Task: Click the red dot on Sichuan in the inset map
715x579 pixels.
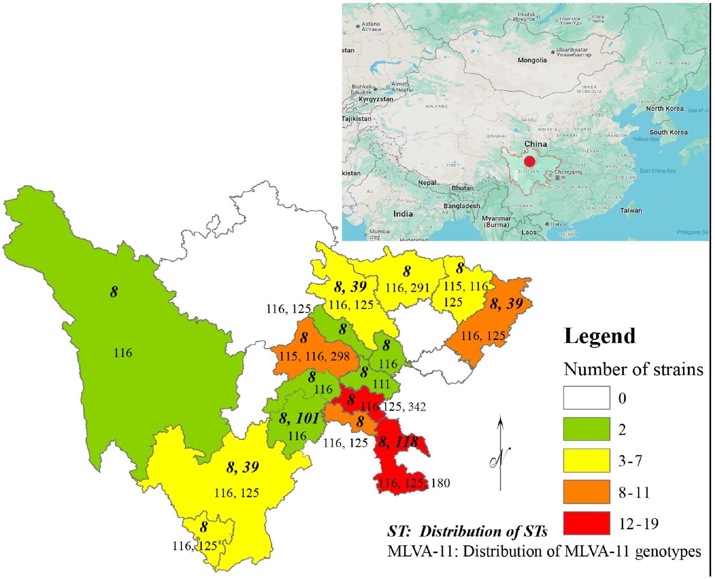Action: [x=529, y=162]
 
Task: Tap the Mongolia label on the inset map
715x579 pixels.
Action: [x=532, y=61]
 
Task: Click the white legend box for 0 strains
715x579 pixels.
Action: [x=586, y=398]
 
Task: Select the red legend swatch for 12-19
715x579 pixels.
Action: [x=586, y=524]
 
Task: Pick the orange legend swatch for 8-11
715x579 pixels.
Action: [x=586, y=492]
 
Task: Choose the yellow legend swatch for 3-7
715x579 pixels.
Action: [x=586, y=460]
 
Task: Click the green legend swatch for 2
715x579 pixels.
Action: [x=586, y=429]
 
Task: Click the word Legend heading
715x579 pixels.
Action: [x=599, y=336]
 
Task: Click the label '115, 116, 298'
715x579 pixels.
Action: [x=315, y=356]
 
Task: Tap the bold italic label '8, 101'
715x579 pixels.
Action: [x=299, y=419]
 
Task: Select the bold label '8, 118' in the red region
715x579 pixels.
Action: [x=398, y=443]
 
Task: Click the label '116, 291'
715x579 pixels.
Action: [x=407, y=288]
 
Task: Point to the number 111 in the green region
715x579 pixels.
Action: [x=381, y=383]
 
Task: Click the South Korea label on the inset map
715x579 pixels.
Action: [x=668, y=132]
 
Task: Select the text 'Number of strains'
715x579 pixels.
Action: [x=633, y=369]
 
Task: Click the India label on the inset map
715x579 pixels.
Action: [x=403, y=214]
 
